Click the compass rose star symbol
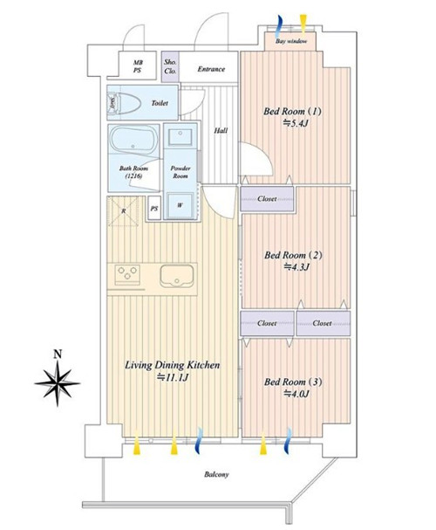58,383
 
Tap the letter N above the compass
58,354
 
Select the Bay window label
291,41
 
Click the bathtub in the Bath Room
134,139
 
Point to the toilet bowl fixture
124,102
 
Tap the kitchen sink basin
177,276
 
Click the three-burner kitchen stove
127,275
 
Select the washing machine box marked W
181,205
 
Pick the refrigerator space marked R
124,211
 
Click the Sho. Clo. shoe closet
170,66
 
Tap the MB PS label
138,66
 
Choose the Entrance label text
211,69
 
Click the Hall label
221,130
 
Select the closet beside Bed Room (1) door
267,199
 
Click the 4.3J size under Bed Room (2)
296,267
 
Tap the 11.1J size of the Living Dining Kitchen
172,377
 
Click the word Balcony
216,474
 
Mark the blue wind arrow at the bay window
279,27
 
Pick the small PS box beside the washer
154,209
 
